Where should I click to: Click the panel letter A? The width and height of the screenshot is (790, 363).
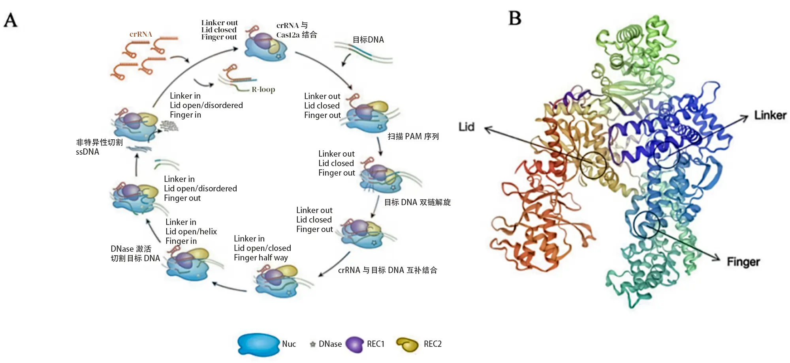(x=11, y=20)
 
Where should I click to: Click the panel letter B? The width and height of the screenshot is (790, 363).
(x=515, y=18)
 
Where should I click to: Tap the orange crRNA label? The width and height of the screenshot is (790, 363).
(x=141, y=34)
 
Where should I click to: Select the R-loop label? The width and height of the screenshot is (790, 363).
(x=263, y=90)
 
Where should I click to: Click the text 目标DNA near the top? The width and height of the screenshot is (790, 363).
(x=368, y=40)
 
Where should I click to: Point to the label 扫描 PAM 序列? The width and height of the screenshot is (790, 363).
(x=413, y=137)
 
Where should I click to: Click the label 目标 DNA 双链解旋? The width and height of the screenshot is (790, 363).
(x=417, y=202)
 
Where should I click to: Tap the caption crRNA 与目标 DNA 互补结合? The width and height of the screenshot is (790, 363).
(x=387, y=270)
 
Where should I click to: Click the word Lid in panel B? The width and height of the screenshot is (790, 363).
(x=466, y=127)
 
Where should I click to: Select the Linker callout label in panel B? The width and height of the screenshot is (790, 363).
(x=770, y=115)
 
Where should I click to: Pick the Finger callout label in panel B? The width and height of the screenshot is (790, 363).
(x=743, y=262)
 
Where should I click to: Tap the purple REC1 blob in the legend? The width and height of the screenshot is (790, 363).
(x=354, y=344)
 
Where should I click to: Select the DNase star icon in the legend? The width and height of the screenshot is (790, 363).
(x=312, y=344)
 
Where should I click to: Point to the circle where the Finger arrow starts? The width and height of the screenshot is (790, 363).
(x=647, y=224)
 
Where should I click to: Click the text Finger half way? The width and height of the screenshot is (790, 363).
(x=261, y=258)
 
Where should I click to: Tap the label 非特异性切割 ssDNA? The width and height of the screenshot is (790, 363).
(x=99, y=147)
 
